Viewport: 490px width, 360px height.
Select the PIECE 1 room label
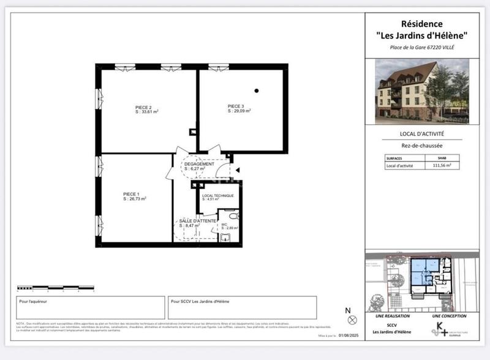point(131,194)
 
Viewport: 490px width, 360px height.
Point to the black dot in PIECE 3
point(257,91)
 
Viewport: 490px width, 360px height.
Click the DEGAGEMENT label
point(199,164)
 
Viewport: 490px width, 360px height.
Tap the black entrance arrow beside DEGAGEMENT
point(238,171)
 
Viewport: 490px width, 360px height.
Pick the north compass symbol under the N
point(352,320)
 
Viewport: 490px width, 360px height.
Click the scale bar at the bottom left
point(55,287)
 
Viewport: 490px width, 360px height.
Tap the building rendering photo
point(421,91)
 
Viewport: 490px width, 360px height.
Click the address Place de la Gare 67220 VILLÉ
point(422,47)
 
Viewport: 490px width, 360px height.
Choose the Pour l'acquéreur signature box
point(91,308)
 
